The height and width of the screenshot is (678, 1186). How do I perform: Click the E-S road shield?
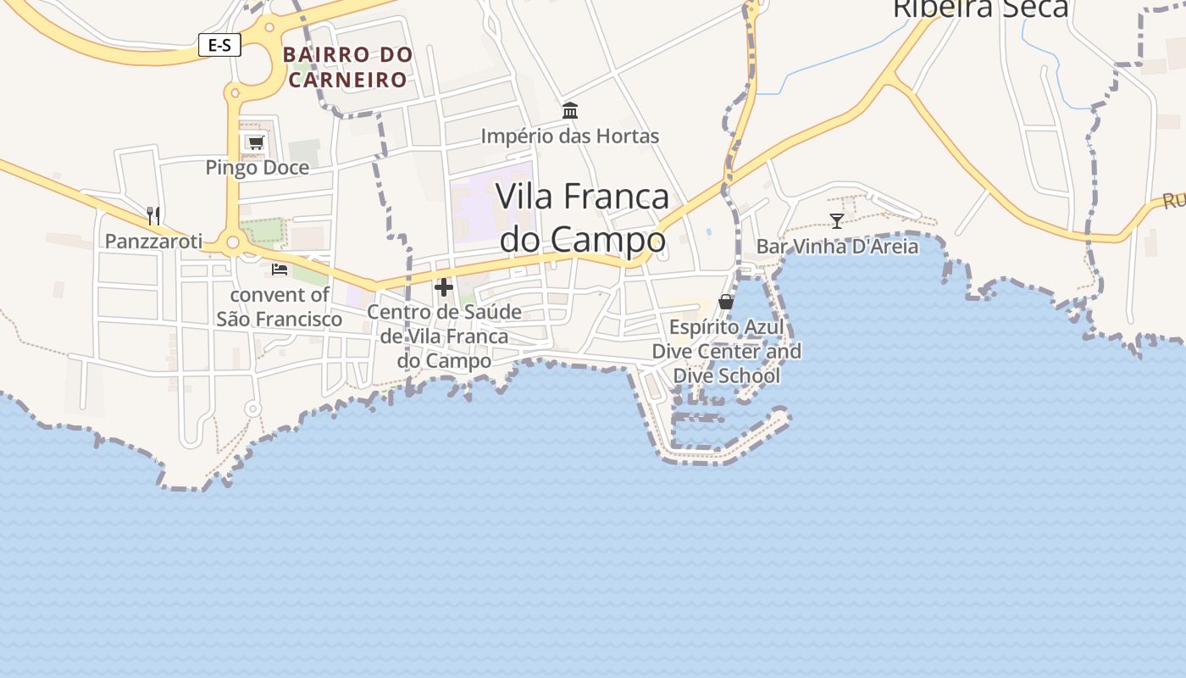[219, 45]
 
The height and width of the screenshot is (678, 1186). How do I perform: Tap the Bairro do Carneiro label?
[348, 67]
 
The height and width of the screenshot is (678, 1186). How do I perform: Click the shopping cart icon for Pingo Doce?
[256, 142]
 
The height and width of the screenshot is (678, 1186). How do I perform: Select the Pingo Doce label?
[258, 168]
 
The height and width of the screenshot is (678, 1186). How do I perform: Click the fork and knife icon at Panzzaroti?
[153, 215]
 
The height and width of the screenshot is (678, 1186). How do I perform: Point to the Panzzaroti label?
[154, 242]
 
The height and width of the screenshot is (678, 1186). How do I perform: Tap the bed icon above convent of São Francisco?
[280, 270]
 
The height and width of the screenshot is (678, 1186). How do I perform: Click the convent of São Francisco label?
[280, 307]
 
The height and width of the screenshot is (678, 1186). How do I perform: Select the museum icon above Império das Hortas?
[570, 111]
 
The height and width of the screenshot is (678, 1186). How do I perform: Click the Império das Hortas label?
[570, 136]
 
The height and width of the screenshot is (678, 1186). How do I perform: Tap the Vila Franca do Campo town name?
[583, 218]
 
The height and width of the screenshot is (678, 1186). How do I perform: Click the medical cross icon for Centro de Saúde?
[444, 287]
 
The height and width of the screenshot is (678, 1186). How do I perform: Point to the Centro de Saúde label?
[444, 336]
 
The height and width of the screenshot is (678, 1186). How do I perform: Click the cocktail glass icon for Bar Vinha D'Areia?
[837, 221]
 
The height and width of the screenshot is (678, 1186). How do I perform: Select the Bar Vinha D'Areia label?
[837, 247]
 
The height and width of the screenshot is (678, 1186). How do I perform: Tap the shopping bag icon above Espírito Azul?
[726, 302]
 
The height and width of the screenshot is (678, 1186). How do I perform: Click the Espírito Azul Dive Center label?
[726, 351]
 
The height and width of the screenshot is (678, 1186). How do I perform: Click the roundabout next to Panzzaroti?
[232, 243]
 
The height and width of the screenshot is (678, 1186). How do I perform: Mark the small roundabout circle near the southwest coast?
[252, 409]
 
